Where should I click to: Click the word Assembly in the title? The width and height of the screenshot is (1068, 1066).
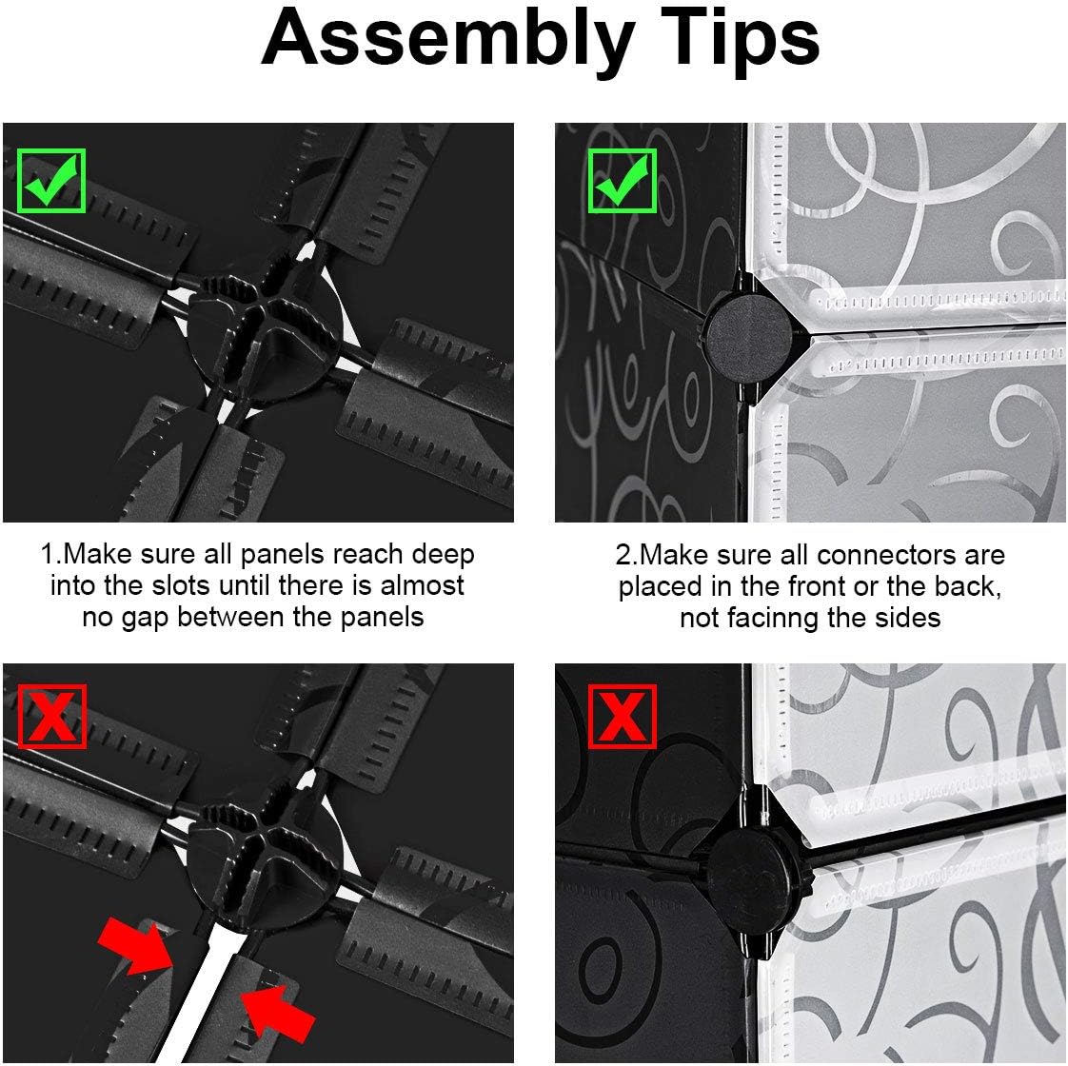tap(446, 40)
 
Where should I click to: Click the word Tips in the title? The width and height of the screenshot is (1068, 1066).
tap(740, 40)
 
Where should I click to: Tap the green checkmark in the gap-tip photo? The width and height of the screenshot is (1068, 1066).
tap(51, 180)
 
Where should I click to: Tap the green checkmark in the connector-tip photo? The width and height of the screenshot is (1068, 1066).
tap(622, 180)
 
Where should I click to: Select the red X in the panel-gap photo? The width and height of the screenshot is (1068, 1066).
tap(51, 716)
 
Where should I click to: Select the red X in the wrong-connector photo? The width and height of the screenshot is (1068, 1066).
tap(622, 716)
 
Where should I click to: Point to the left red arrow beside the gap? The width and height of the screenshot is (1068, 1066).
tap(136, 946)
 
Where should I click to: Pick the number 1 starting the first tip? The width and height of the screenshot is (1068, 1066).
tap(47, 554)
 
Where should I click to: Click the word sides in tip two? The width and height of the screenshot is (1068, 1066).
tap(908, 618)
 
